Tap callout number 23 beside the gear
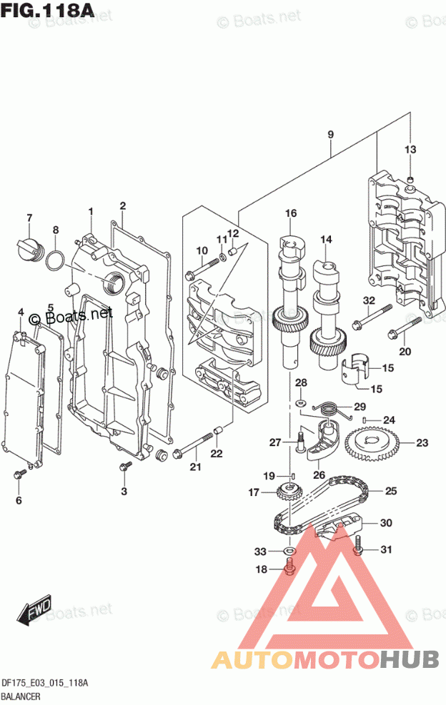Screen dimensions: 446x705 coord(422,443)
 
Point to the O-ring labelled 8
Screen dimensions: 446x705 coord(54,261)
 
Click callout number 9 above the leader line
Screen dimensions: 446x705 coord(331,134)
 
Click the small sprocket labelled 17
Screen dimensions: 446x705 coord(287,492)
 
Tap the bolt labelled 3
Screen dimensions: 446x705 coord(124,466)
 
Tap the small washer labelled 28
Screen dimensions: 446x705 coord(301,402)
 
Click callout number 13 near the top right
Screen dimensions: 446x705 coord(410,150)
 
